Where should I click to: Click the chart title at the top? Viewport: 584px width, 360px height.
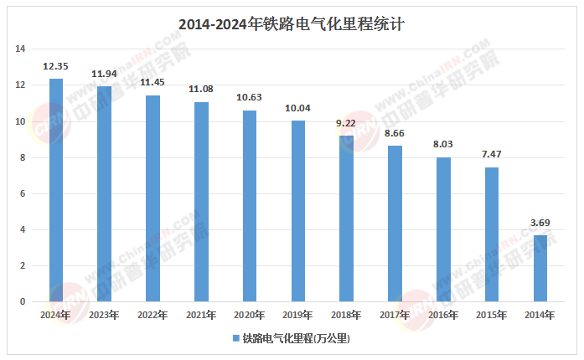tap(292, 24)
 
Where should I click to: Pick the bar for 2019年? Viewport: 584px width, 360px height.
tap(298, 211)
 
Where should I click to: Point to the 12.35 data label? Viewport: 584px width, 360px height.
tap(56, 65)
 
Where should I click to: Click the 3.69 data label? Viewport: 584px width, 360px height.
tap(540, 222)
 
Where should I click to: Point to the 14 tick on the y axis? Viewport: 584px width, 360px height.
tap(21, 49)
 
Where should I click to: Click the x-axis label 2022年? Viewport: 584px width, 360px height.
tap(153, 315)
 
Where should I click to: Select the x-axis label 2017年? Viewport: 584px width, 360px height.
tap(395, 315)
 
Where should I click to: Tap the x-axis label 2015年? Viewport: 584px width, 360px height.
tap(492, 315)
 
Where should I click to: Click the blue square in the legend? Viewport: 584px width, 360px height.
tap(236, 339)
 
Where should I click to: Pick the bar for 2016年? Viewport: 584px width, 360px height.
tap(443, 229)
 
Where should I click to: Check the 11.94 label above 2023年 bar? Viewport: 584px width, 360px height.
tap(105, 74)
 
